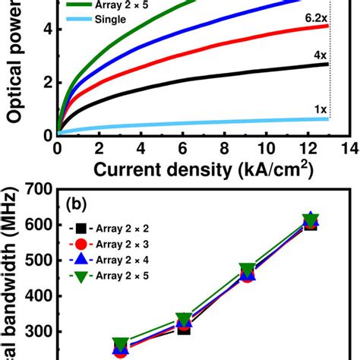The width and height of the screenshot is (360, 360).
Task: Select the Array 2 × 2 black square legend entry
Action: click(106, 228)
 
